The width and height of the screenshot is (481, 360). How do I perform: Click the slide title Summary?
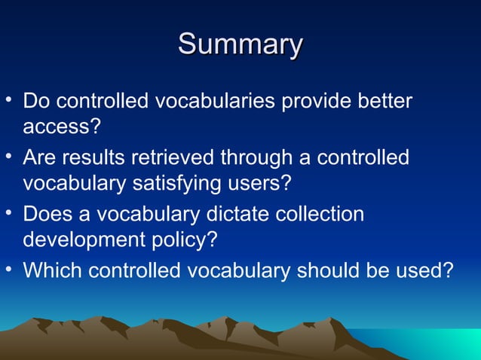click(x=240, y=44)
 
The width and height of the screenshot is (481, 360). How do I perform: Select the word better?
click(x=384, y=101)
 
